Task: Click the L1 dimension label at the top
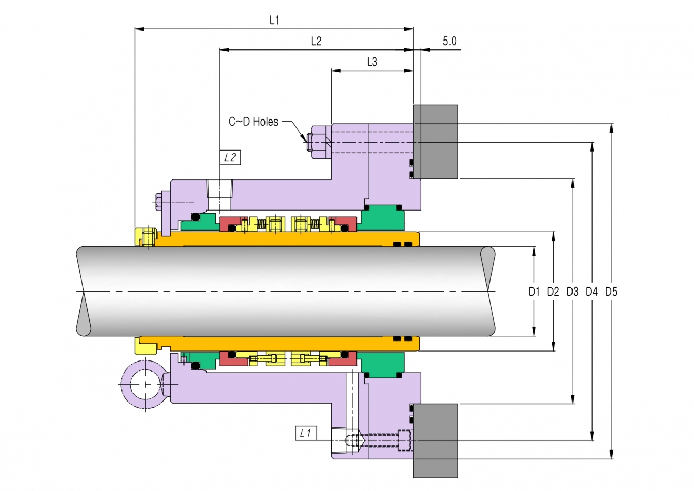274,21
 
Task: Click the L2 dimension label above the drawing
317,41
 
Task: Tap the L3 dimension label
372,62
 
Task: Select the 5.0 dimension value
449,41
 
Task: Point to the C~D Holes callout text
253,122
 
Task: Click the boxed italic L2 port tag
230,157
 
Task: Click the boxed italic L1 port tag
306,433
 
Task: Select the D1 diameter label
534,292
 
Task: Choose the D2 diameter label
553,292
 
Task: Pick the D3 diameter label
572,292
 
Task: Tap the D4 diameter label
591,292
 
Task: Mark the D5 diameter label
611,292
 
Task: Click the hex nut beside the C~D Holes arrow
319,143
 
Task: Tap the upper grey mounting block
436,142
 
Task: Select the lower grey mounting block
436,440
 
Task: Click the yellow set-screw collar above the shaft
146,237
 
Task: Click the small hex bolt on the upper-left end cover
158,202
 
